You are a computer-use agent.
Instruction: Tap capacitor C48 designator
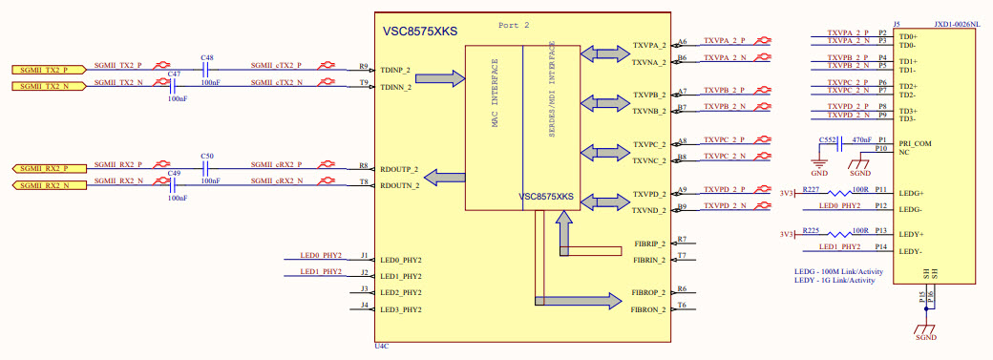[x=206, y=58]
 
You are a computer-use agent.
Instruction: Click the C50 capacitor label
[x=206, y=156]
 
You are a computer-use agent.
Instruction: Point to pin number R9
[x=364, y=67]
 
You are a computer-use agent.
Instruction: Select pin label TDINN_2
[x=395, y=87]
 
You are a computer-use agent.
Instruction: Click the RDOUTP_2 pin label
[x=399, y=169]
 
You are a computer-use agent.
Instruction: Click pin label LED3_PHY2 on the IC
[x=401, y=309]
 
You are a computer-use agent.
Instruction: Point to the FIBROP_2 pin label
[x=648, y=292]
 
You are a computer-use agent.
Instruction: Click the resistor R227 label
[x=811, y=189]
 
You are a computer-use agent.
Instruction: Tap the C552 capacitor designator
[x=827, y=139]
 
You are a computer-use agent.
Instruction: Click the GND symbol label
[x=819, y=174]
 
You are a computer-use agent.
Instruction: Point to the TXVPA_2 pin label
[x=649, y=45]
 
